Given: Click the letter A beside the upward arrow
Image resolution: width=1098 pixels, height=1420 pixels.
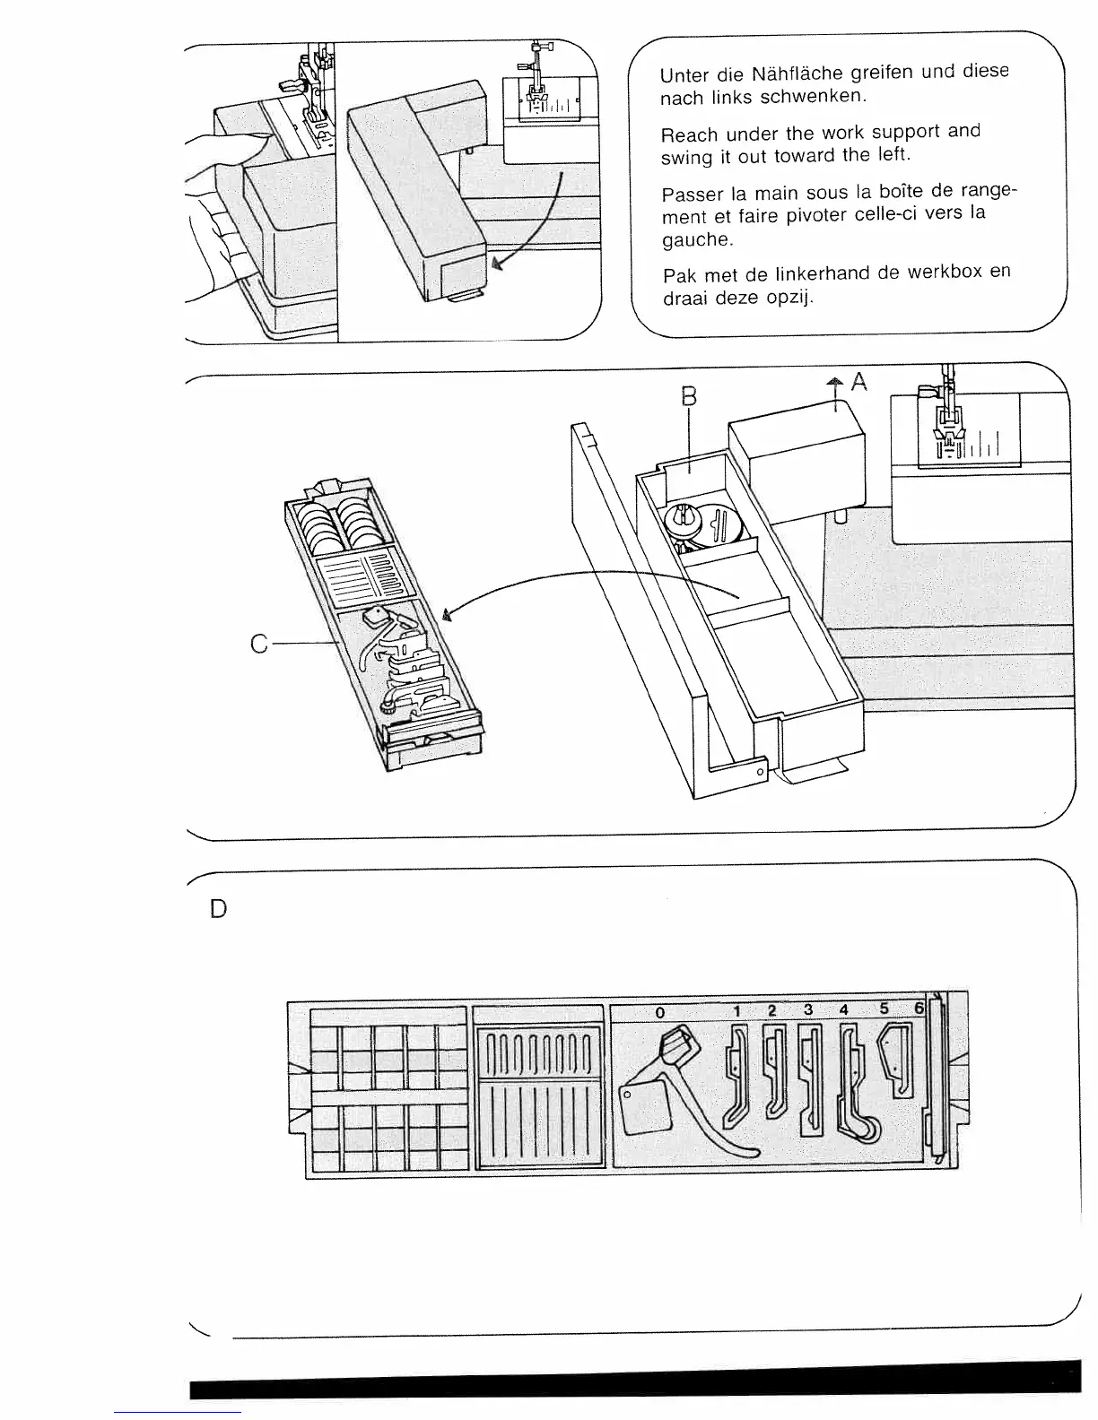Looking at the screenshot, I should pos(859,382).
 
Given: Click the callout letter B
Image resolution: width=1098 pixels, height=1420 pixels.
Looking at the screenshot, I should pos(689,396).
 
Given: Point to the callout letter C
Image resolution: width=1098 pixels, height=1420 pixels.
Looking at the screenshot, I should pos(259,644).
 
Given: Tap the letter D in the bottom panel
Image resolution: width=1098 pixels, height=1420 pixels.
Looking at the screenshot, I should pos(217,910).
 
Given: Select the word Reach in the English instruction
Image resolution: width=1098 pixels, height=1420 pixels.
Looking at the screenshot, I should pos(689,135).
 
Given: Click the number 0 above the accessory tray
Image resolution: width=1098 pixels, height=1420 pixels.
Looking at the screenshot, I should pos(659,1011).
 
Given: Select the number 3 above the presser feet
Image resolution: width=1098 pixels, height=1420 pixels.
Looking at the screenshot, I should pos(808,1009).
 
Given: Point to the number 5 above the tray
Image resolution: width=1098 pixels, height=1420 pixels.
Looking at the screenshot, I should pos(884,1009).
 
